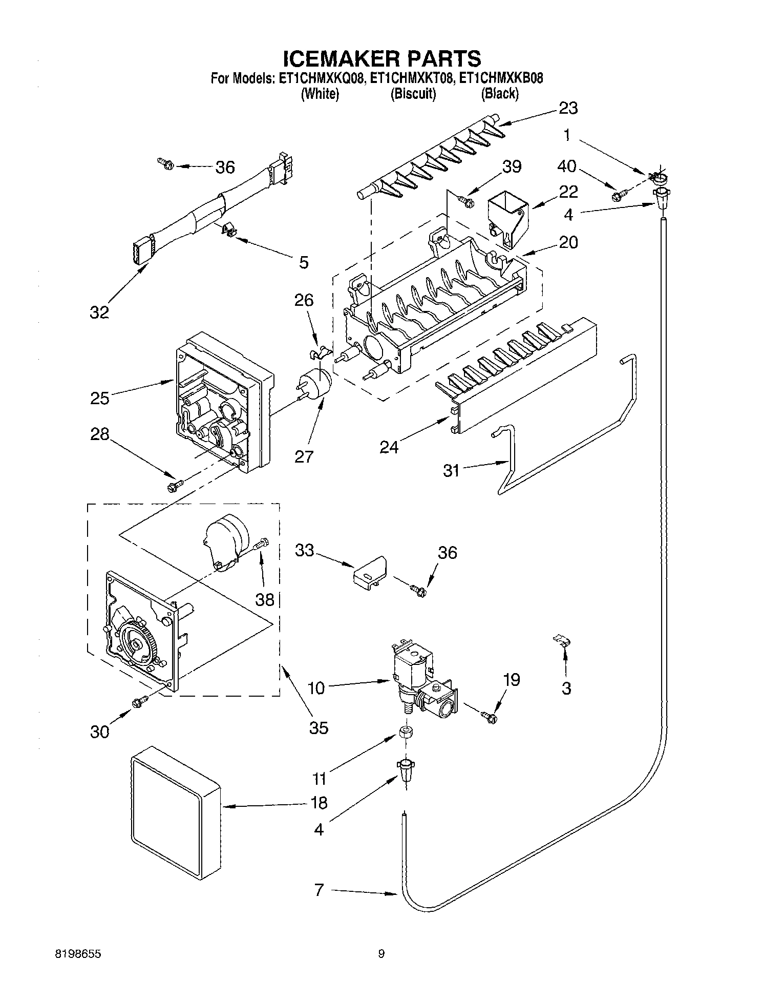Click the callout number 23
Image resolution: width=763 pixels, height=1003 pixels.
pos(568,108)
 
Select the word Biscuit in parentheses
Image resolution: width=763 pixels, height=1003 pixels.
pos(413,94)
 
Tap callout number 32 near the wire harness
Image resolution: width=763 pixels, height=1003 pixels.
pos(99,311)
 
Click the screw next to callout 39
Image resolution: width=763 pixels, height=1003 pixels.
pos(467,200)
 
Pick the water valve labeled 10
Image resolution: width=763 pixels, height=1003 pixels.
pos(416,676)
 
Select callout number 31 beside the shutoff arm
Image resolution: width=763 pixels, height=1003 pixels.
pos(451,470)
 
